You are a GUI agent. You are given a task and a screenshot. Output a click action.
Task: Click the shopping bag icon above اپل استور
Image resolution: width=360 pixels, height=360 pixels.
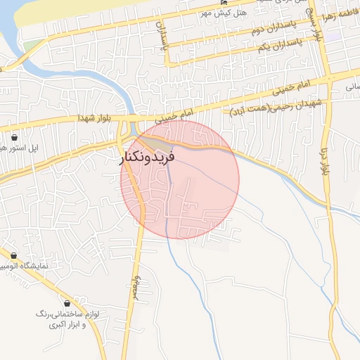[15, 137]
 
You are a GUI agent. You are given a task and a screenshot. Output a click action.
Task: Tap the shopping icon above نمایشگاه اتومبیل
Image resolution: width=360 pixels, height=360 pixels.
[13, 256]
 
